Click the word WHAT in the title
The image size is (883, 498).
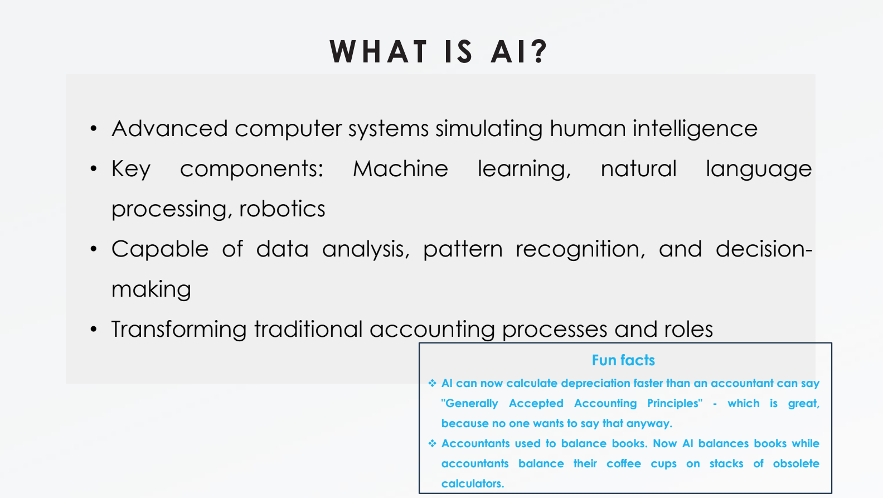(x=378, y=51)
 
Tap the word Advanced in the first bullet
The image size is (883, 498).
(x=170, y=128)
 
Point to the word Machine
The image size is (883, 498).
(x=400, y=169)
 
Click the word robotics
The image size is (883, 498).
(x=282, y=209)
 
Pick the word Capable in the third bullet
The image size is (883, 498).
(x=160, y=250)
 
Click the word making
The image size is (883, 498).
(x=152, y=290)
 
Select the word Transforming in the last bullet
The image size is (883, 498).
(x=179, y=330)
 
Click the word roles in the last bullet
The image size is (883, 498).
(x=688, y=329)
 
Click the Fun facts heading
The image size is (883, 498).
(x=623, y=360)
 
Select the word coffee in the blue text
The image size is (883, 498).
(x=624, y=463)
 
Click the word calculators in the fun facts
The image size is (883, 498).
(x=473, y=484)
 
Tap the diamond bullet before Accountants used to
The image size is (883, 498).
(x=433, y=443)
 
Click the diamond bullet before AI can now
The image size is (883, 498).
(x=433, y=383)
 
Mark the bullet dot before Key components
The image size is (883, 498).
(x=94, y=169)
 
